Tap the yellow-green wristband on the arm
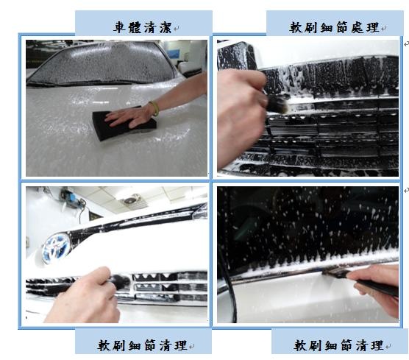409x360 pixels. tap(154, 109)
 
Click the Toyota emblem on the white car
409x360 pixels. tap(57, 248)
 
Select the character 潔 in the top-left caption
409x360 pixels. tap(166, 27)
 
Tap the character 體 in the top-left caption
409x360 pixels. tap(135, 27)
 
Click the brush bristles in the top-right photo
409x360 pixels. tap(278, 104)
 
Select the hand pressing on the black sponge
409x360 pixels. tap(128, 117)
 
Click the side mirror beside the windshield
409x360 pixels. tap(190, 67)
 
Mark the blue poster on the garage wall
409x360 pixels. tap(174, 54)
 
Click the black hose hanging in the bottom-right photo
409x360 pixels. tap(229, 261)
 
